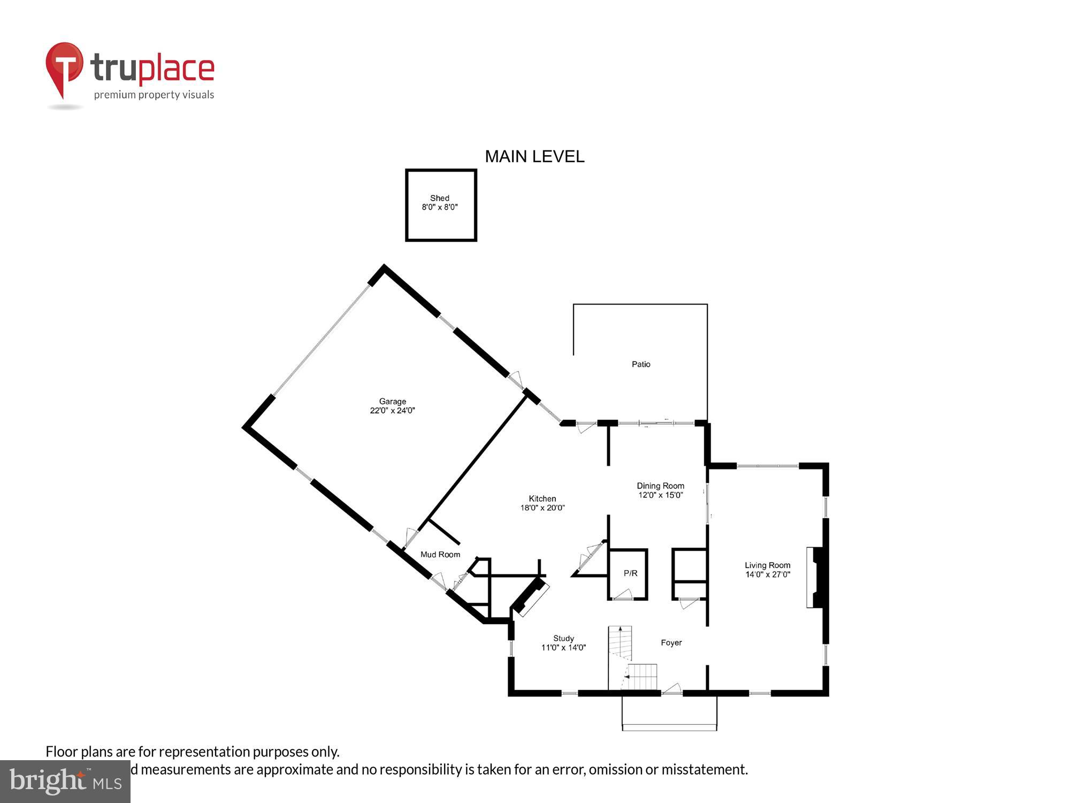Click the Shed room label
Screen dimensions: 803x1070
pos(440,198)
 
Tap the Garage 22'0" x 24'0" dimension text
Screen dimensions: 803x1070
pos(392,411)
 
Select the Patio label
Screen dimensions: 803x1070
pos(641,364)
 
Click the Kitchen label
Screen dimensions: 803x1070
pos(542,498)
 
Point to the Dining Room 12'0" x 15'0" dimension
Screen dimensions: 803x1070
pos(660,495)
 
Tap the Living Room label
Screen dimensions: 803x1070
pos(767,565)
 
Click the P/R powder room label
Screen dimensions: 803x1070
pos(630,573)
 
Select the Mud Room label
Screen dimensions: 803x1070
pos(440,555)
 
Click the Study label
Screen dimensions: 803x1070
pos(563,638)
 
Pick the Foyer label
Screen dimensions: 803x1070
pos(671,642)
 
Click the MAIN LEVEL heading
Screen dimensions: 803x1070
pos(534,156)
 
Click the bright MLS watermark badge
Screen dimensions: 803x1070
pos(65,782)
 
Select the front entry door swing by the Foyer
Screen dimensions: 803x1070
pos(672,689)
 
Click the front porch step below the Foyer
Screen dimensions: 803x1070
pos(669,726)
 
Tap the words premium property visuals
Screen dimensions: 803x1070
pos(154,95)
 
